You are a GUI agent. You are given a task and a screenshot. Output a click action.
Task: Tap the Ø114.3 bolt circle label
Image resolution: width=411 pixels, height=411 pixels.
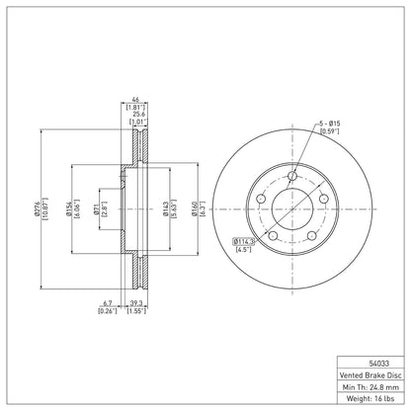click(243, 241)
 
